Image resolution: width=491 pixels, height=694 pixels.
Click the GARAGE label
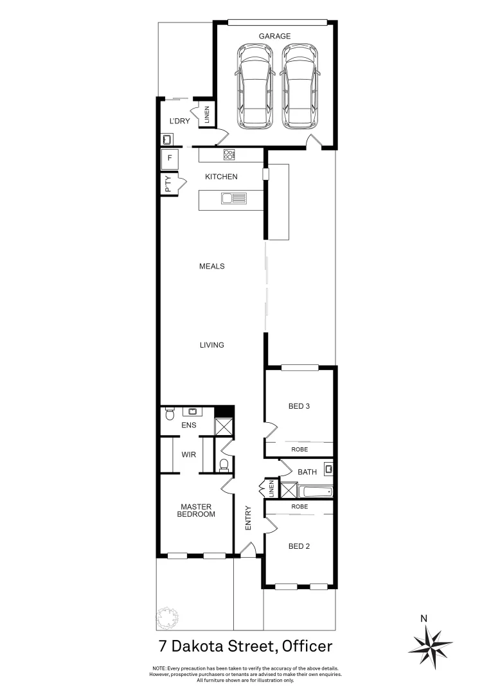point(274,37)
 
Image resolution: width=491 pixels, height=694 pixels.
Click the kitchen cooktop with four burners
point(229,154)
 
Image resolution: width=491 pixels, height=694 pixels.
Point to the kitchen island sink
point(234,199)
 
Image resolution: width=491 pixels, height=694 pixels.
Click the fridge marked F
point(170,158)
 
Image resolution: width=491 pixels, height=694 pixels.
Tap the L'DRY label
point(179,121)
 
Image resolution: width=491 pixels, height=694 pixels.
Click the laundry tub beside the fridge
point(166,139)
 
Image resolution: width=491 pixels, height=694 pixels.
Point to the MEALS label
point(211,266)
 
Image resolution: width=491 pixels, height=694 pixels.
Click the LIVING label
point(211,345)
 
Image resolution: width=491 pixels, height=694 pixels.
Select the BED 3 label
point(299,405)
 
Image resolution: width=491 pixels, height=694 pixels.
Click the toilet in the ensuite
point(170,414)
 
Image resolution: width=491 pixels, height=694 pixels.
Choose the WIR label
point(188,454)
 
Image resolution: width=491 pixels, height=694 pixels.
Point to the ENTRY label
point(249,518)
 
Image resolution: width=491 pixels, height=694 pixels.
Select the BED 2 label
point(299,546)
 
